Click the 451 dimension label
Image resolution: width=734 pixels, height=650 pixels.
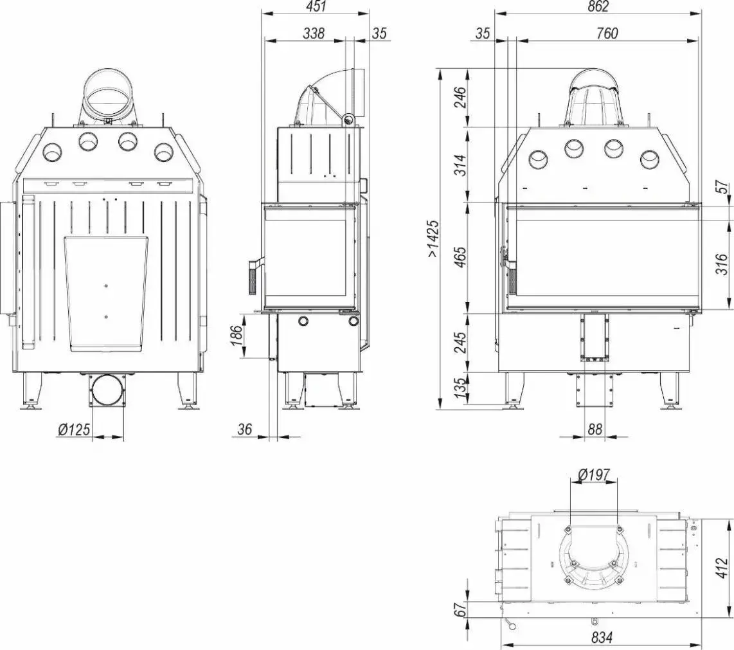317,6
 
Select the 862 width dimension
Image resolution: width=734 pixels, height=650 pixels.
598,6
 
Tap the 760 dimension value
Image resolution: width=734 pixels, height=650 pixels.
607,33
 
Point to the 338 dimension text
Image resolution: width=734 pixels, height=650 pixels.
313,33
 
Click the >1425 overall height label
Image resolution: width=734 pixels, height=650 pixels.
433,239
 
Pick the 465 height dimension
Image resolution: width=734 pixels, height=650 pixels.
461,257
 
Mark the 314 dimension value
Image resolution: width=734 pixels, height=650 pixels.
461,165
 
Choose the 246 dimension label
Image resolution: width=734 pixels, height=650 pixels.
461,98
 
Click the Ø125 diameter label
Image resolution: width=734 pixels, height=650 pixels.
73,429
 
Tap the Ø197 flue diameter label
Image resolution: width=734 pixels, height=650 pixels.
594,475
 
